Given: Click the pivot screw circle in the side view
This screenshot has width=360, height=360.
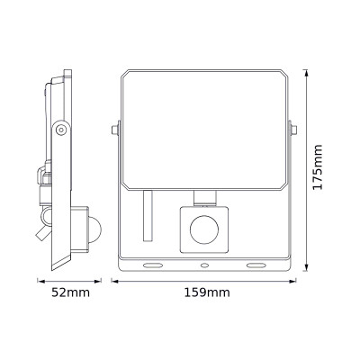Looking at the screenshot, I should tap(59, 131).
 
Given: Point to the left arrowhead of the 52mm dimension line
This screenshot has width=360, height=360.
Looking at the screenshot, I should tap(38, 279).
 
